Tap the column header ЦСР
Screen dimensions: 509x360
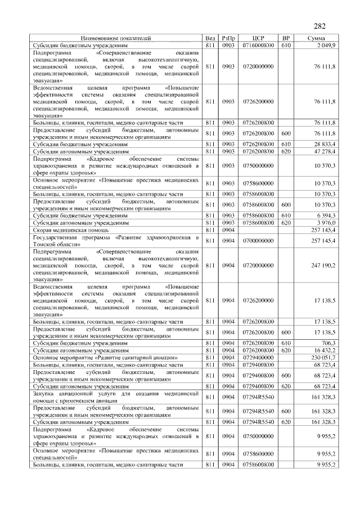point(258,38)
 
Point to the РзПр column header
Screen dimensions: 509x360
point(228,38)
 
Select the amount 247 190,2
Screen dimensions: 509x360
point(324,264)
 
